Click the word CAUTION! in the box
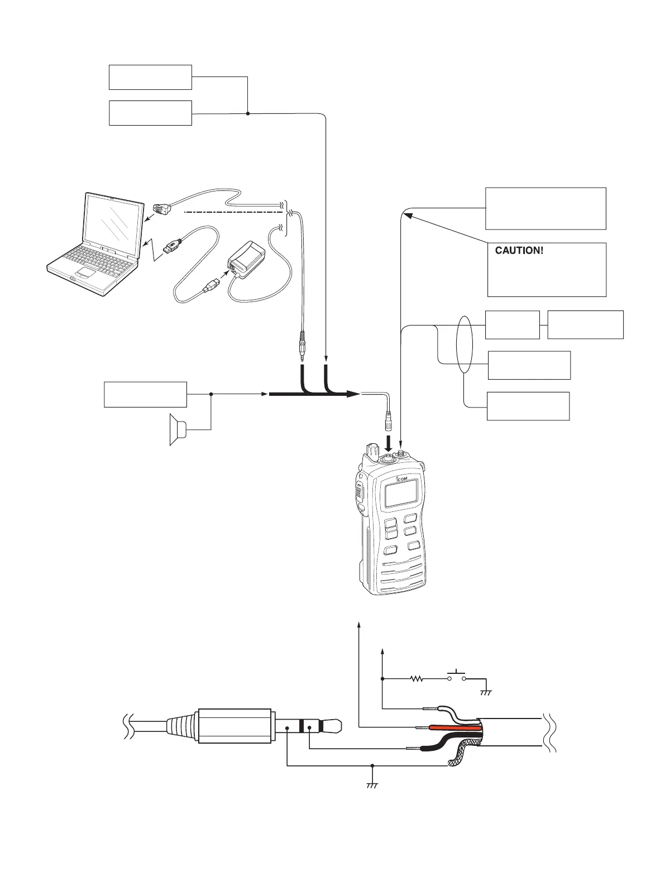(x=519, y=251)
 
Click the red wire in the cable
(x=452, y=727)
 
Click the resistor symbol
(x=417, y=679)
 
